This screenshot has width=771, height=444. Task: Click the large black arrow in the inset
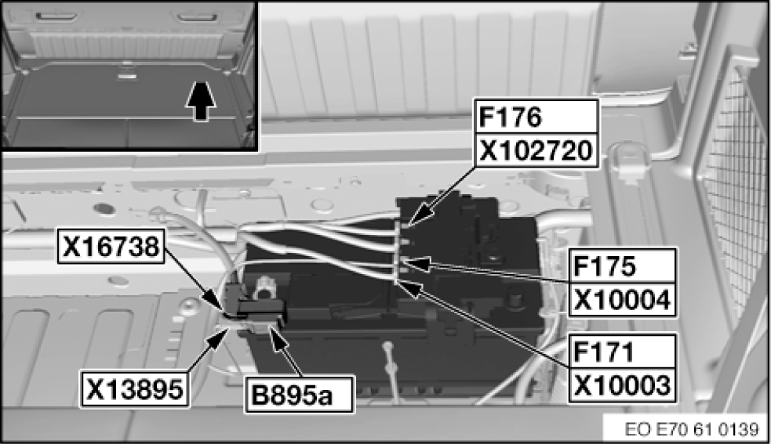click(202, 102)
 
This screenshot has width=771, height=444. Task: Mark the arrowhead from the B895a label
click(271, 329)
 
